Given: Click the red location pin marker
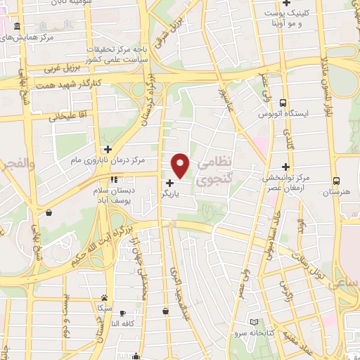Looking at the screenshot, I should [x=181, y=165].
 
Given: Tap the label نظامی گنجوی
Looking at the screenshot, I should [x=215, y=172].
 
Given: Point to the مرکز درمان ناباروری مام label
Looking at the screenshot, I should [x=102, y=162].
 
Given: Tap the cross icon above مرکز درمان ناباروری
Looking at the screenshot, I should [x=108, y=148].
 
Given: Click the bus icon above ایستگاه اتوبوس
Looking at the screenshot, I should [x=283, y=102].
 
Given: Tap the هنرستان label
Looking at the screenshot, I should [x=337, y=191].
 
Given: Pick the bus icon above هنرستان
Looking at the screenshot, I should [x=337, y=180].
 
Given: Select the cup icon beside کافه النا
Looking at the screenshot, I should [x=124, y=313].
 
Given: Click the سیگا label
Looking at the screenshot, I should [x=104, y=308].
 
